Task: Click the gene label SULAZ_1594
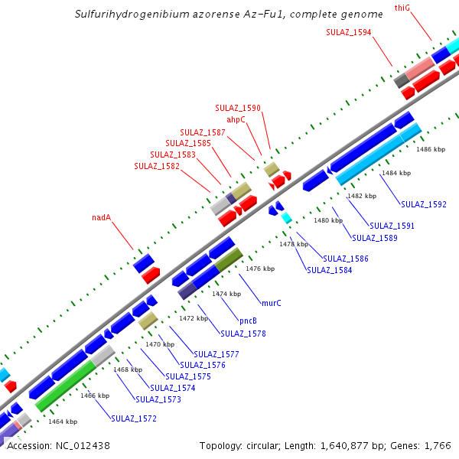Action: pos(349,32)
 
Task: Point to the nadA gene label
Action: pos(102,217)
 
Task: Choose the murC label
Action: pos(272,303)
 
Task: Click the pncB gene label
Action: pos(248,321)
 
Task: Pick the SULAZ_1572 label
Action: pos(134,418)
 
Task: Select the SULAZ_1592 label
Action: pos(424,204)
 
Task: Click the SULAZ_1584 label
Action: pos(330,270)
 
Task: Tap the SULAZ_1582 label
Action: pos(157,166)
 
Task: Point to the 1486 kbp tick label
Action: pos(430,150)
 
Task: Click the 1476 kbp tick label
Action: pos(259,269)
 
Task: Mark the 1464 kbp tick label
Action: pos(63,422)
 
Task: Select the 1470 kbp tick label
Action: pos(160,344)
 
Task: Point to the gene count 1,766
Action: pos(438,445)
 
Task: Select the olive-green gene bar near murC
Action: pos(229,259)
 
